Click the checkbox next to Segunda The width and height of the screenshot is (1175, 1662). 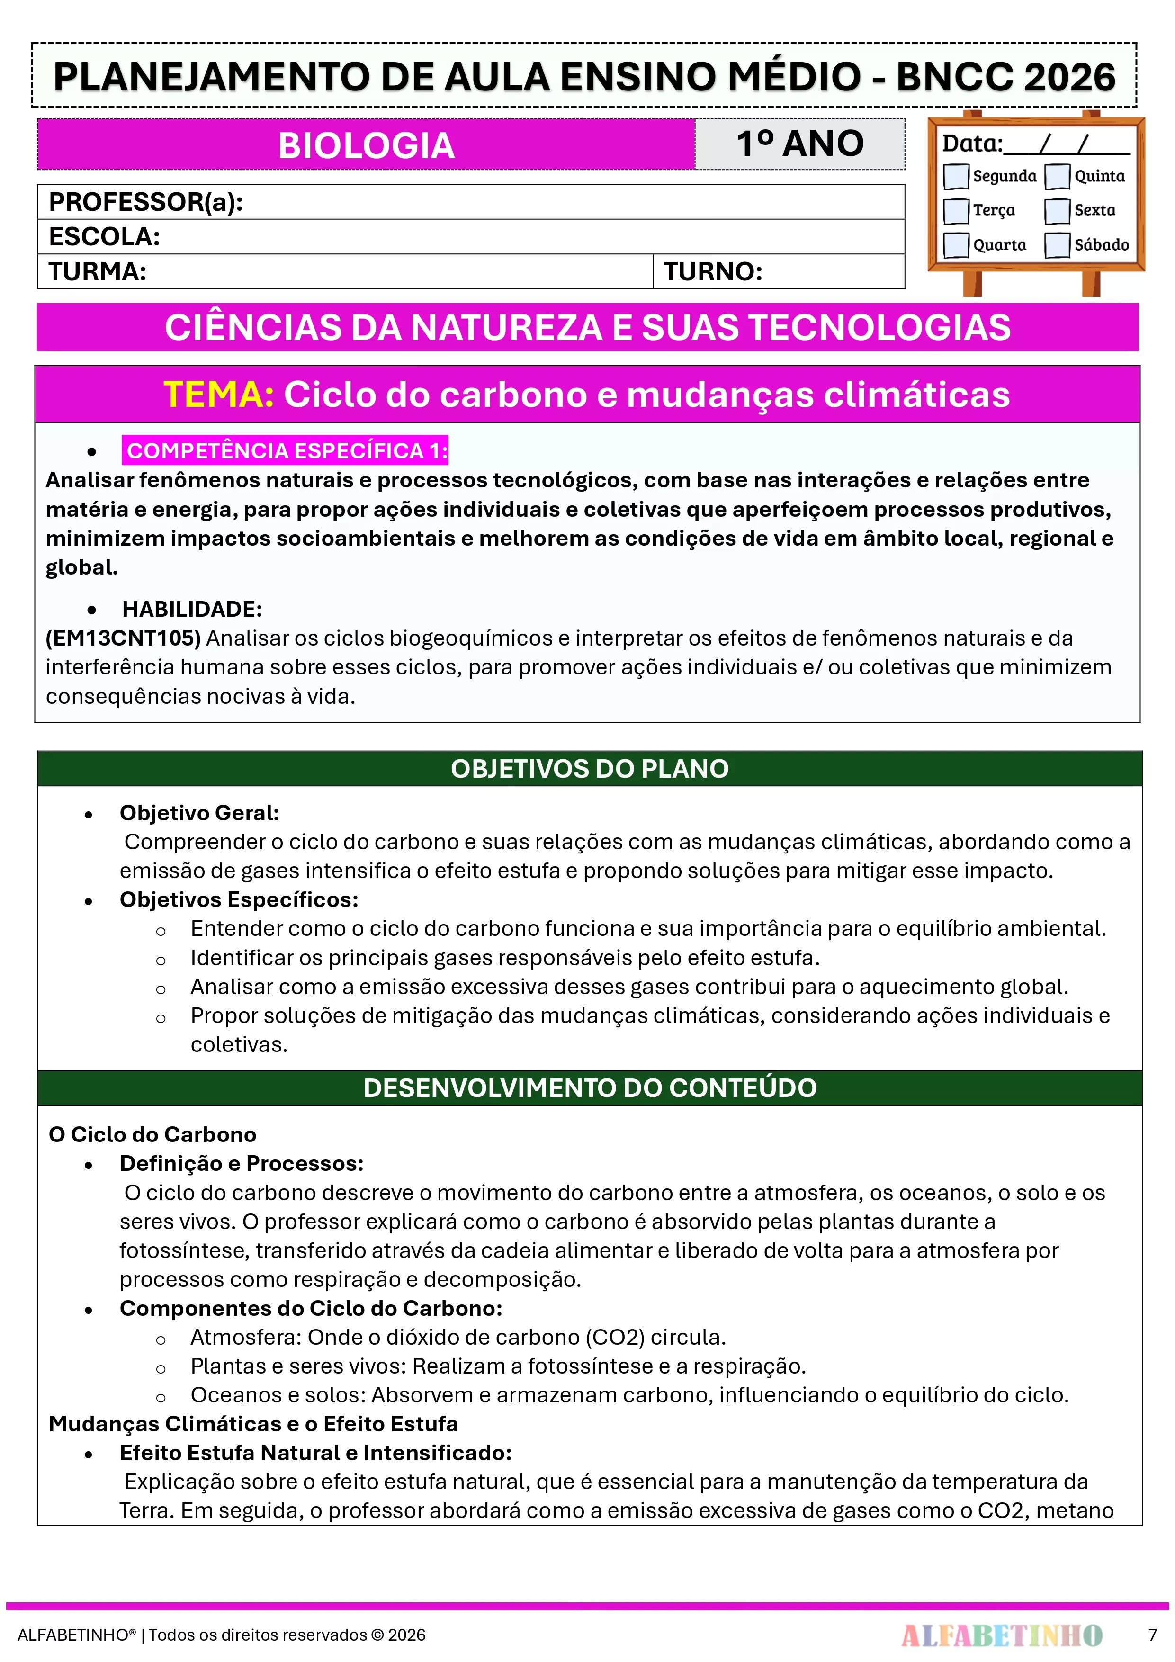point(956,176)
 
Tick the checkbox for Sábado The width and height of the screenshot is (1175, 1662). point(1057,245)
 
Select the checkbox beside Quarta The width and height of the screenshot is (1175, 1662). point(956,245)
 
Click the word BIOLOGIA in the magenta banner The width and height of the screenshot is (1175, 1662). point(366,145)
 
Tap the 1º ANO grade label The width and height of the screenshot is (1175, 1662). point(800,144)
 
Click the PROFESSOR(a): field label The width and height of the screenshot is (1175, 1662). point(145,202)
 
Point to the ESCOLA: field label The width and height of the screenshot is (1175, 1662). point(104,237)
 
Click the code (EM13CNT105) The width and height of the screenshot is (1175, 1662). point(123,638)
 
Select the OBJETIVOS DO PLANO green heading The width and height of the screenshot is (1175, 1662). point(589,769)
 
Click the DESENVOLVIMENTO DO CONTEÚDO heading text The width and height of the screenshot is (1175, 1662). point(589,1088)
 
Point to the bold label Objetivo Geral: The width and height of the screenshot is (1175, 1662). point(199,813)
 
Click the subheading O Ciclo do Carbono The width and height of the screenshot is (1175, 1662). point(152,1134)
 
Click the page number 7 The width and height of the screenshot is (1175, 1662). point(1153,1635)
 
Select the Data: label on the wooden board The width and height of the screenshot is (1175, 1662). point(971,144)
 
